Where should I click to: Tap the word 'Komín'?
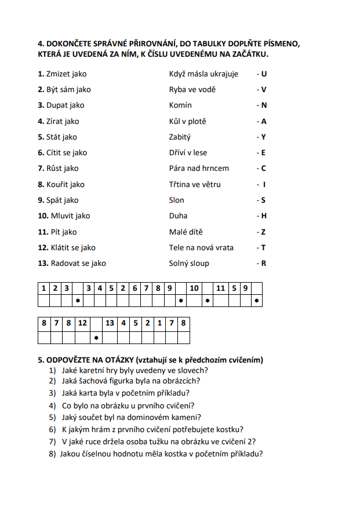pos(180,105)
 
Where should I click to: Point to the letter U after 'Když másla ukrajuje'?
pos(264,74)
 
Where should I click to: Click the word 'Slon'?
pos(177,200)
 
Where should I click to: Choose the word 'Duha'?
pos(179,215)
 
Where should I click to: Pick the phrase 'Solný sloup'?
pos(189,263)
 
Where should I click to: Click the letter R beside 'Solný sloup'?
pos(264,263)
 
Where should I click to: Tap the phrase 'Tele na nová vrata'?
pos(201,247)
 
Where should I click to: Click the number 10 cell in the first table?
pos(194,288)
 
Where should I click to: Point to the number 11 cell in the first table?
pos(220,288)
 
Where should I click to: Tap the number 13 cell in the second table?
pos(110,323)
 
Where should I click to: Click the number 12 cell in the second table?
pos(82,323)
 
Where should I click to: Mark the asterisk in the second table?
pos(96,337)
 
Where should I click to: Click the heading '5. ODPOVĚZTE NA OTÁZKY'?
pos(150,360)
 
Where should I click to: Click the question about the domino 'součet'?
pos(132,417)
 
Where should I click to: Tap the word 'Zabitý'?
pos(180,137)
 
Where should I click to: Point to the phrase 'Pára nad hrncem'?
pos(199,169)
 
